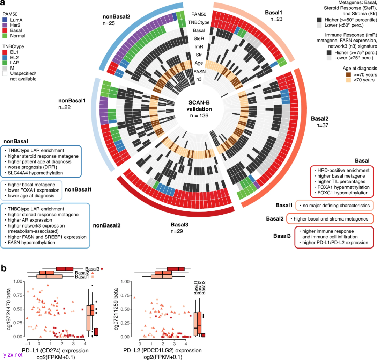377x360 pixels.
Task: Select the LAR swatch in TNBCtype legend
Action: point(6,63)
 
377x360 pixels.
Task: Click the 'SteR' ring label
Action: point(199,38)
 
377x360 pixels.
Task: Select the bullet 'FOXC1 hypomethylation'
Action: point(341,193)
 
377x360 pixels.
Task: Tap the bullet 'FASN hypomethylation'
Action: point(34,243)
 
